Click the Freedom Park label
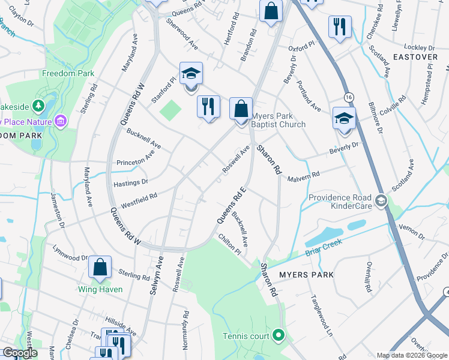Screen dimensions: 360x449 pyautogui.click(x=68, y=73)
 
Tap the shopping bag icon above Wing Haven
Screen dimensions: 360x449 pyautogui.click(x=100, y=267)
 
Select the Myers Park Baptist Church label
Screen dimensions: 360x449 pyautogui.click(x=278, y=120)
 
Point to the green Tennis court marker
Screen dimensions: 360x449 pyautogui.click(x=278, y=335)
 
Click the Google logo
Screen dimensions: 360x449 pyautogui.click(x=20, y=353)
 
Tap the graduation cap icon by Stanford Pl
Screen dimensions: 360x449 pyautogui.click(x=191, y=74)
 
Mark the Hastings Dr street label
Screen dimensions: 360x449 pyautogui.click(x=130, y=181)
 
